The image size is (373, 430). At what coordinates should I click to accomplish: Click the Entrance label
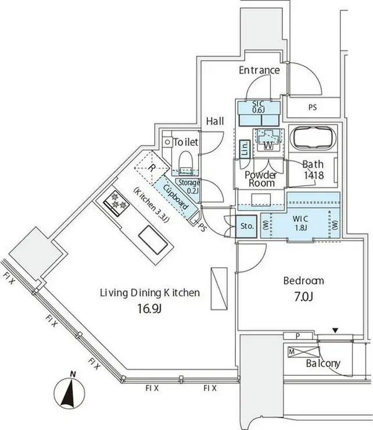(259, 70)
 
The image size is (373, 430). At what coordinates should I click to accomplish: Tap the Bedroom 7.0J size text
(304, 296)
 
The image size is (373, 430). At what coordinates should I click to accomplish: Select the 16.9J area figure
(149, 309)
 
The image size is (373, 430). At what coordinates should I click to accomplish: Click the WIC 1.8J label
(300, 223)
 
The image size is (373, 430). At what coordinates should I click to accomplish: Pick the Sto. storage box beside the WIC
(246, 226)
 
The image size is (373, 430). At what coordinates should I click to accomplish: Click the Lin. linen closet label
(245, 149)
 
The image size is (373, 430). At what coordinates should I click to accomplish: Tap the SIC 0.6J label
(259, 107)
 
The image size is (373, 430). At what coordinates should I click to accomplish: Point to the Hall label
(215, 121)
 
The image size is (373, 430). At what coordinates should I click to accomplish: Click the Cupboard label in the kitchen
(176, 197)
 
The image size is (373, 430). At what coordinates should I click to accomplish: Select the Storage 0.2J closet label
(189, 186)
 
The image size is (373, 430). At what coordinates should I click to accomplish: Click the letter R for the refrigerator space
(151, 168)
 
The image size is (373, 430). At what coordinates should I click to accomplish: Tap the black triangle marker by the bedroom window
(335, 331)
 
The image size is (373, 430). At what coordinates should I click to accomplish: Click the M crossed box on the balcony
(304, 352)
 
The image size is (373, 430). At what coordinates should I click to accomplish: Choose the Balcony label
(323, 364)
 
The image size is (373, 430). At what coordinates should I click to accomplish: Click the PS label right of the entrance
(313, 107)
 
